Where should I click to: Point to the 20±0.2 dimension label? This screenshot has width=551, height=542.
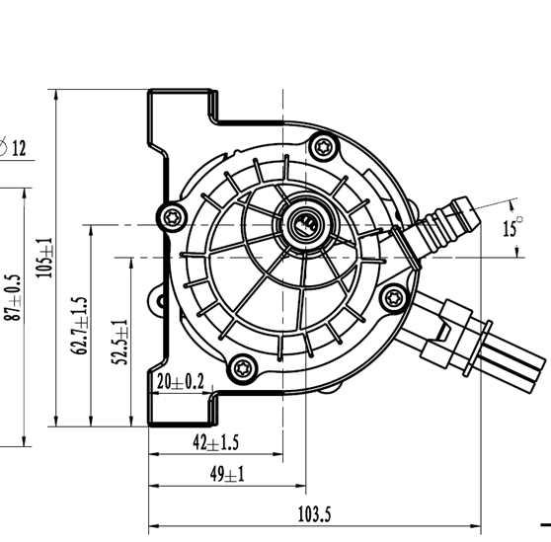(x=180, y=381)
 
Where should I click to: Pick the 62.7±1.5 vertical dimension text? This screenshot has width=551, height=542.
(x=81, y=325)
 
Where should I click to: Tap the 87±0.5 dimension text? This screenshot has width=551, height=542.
(x=11, y=296)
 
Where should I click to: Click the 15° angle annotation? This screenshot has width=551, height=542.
(x=511, y=228)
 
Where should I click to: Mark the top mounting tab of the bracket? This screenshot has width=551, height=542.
(x=184, y=107)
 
